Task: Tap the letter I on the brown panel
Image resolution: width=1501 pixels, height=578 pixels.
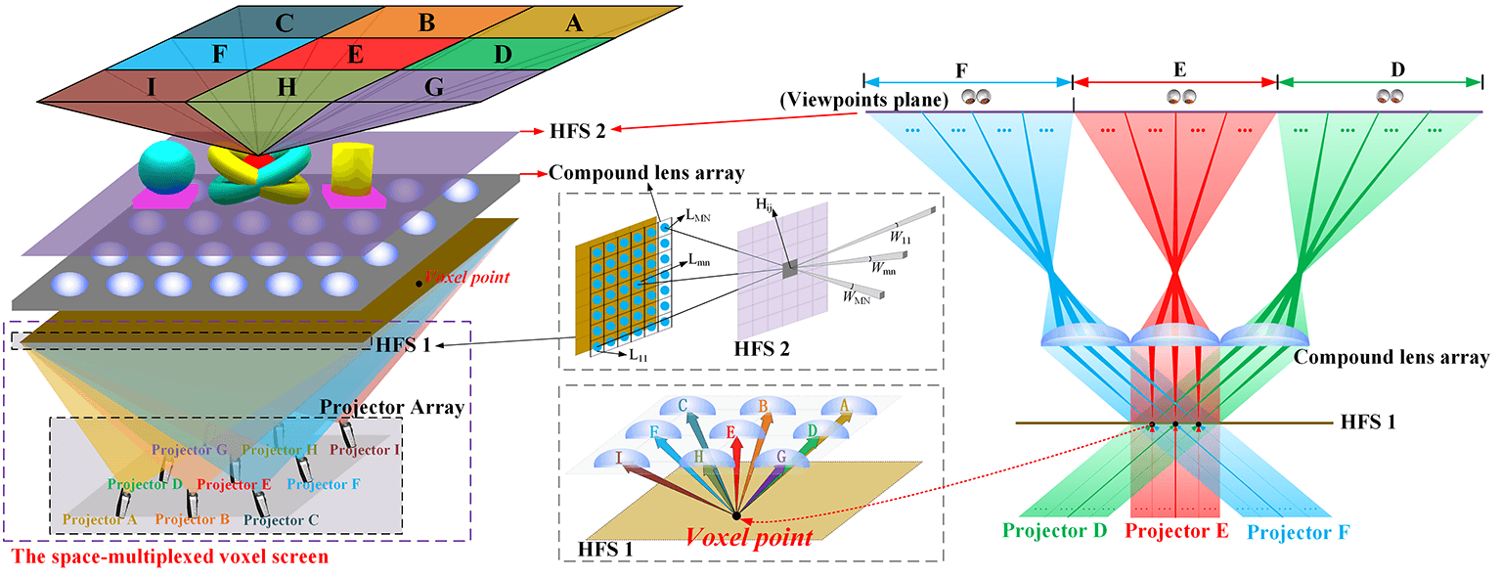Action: (152, 88)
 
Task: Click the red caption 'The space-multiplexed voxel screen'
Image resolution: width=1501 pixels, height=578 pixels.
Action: (169, 558)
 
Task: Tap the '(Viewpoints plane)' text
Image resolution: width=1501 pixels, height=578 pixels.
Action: (906, 99)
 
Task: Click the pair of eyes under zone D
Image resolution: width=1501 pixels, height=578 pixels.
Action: (1390, 97)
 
